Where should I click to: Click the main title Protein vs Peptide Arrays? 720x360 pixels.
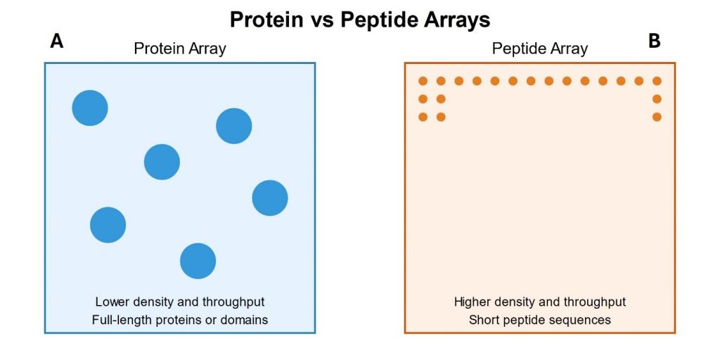[x=360, y=20]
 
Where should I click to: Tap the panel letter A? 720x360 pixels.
[x=56, y=41]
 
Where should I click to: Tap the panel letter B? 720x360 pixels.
[x=655, y=41]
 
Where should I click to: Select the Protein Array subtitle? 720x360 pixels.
[x=180, y=49]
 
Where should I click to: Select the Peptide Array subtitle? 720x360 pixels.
[x=539, y=49]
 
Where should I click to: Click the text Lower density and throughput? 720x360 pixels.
[x=180, y=302]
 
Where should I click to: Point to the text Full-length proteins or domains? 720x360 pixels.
[x=180, y=320]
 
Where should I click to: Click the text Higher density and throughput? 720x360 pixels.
[x=540, y=302]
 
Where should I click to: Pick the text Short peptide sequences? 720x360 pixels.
[x=540, y=320]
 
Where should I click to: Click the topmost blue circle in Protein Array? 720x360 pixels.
[x=90, y=108]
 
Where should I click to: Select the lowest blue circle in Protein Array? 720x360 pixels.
[x=198, y=261]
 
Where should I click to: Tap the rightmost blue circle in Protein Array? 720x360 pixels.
[x=270, y=198]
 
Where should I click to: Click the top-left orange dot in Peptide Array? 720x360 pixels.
[x=423, y=82]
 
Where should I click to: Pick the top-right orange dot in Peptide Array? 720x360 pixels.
[x=657, y=82]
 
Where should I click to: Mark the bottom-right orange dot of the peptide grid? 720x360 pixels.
[x=657, y=117]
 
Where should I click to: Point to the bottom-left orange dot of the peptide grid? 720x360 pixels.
[x=423, y=117]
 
